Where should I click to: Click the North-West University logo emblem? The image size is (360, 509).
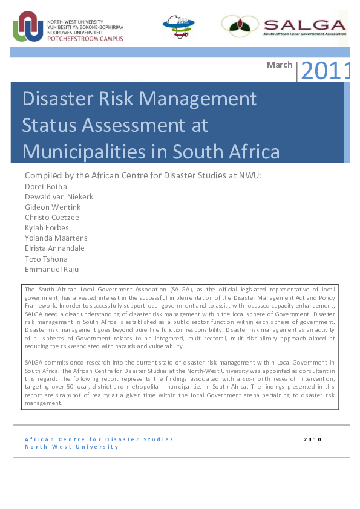(28, 26)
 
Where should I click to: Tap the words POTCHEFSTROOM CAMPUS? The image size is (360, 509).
(84, 38)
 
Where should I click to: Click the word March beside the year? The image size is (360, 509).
(280, 65)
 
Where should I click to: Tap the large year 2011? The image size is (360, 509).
(326, 71)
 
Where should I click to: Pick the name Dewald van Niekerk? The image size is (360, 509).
(59, 196)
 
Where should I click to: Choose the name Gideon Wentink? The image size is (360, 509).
(53, 207)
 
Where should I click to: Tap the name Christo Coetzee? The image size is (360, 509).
(51, 217)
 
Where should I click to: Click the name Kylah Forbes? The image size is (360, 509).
(47, 227)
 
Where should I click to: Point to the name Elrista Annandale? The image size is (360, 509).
(54, 248)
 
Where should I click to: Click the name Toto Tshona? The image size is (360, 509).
(46, 259)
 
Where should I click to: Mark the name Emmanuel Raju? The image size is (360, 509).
(51, 269)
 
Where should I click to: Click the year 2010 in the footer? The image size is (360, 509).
(312, 439)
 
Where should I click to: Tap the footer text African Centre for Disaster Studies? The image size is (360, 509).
(99, 439)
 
